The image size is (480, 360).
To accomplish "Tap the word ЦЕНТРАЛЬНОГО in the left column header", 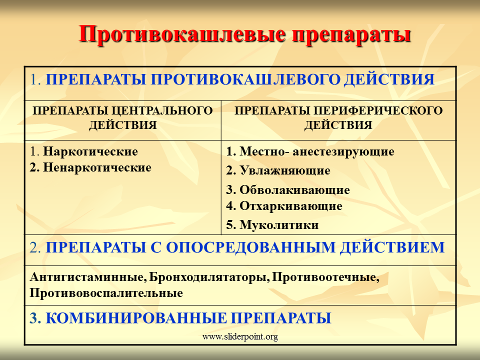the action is (162, 110).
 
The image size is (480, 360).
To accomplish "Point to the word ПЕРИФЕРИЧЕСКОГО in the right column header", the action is (378, 110).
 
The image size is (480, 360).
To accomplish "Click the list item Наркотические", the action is (90, 151).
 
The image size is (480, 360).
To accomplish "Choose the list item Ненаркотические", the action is (97, 167).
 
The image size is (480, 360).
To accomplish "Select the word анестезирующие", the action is (343, 151).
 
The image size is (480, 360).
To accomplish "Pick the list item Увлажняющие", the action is (284, 170).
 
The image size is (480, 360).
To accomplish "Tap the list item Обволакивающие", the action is (294, 190).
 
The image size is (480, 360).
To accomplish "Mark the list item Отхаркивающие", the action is (291, 206).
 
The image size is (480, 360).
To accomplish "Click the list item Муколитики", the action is (279, 225).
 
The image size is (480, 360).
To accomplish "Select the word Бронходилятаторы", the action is (209, 277).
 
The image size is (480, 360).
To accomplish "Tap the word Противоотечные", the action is (325, 277).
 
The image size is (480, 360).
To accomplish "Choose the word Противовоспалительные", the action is (106, 293).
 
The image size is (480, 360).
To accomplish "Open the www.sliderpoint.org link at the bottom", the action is (240, 336).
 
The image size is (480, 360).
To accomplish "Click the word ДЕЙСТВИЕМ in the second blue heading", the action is (392, 247).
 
